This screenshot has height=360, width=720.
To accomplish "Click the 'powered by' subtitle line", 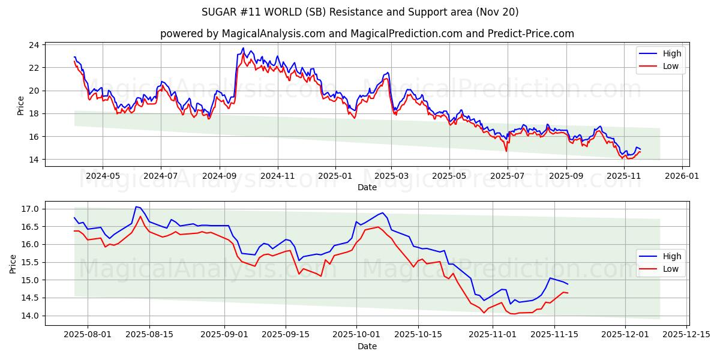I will point(367,34).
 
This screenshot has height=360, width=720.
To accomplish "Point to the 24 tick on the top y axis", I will point(34,45).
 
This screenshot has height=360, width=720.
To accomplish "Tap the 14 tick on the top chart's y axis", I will point(34,160).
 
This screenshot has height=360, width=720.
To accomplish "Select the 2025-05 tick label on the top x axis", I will point(449,176).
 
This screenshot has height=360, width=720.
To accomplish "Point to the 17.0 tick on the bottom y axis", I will point(29,209).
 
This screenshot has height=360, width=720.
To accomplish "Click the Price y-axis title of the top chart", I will point(20,105).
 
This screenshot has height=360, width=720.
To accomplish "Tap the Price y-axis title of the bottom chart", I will point(13,263).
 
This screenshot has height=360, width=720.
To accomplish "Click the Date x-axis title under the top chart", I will point(367,187).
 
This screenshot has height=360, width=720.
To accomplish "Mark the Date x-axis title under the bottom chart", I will point(367,346).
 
